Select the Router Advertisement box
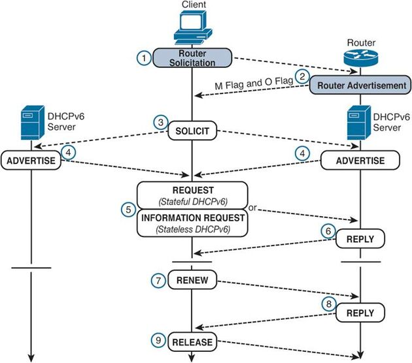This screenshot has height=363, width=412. tap(361, 85)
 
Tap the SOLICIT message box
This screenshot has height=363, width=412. tap(192, 131)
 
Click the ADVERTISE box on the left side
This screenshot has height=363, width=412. tap(30, 159)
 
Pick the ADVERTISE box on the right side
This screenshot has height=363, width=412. tap(360, 160)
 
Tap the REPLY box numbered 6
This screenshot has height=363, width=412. tap(361, 240)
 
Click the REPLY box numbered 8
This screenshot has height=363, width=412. tap(361, 313)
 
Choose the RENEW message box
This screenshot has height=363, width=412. tap(192, 281)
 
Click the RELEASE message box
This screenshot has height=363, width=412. tap(192, 341)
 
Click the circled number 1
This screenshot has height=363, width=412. tap(144, 57)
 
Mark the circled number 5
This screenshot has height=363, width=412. tap(128, 209)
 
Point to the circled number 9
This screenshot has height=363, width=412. tap(158, 339)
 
